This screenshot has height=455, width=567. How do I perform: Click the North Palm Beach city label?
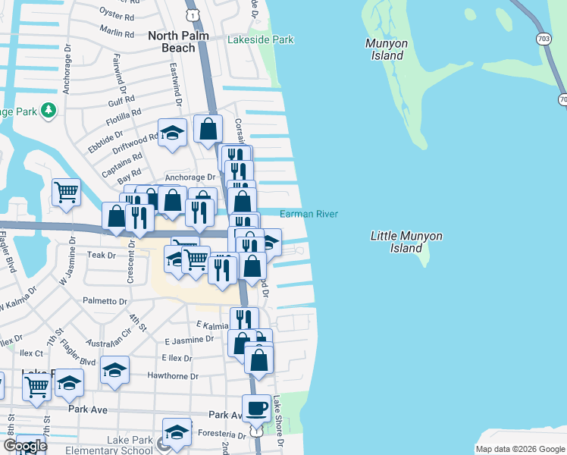(171, 42)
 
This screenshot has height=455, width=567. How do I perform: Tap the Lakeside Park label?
(260, 38)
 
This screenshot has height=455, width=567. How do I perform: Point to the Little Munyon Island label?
(406, 242)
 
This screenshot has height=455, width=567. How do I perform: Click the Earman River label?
(309, 215)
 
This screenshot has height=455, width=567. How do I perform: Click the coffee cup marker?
(256, 409)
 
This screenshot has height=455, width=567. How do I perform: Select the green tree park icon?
(49, 111)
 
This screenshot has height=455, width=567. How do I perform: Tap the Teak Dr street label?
(101, 256)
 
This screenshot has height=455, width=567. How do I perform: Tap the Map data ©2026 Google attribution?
(519, 448)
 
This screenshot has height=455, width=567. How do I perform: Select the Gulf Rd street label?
(121, 101)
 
